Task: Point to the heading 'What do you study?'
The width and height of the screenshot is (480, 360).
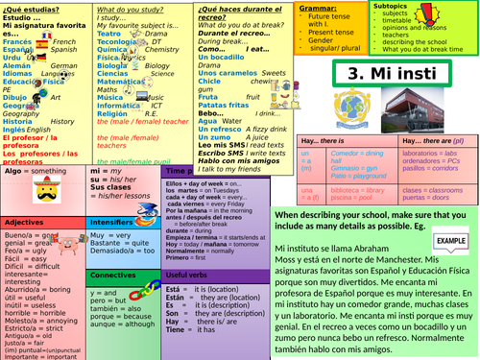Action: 129,8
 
